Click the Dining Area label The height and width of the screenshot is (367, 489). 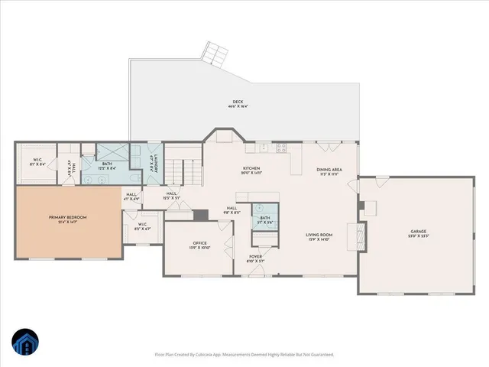click(329, 171)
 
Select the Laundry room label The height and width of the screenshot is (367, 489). click(155, 163)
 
